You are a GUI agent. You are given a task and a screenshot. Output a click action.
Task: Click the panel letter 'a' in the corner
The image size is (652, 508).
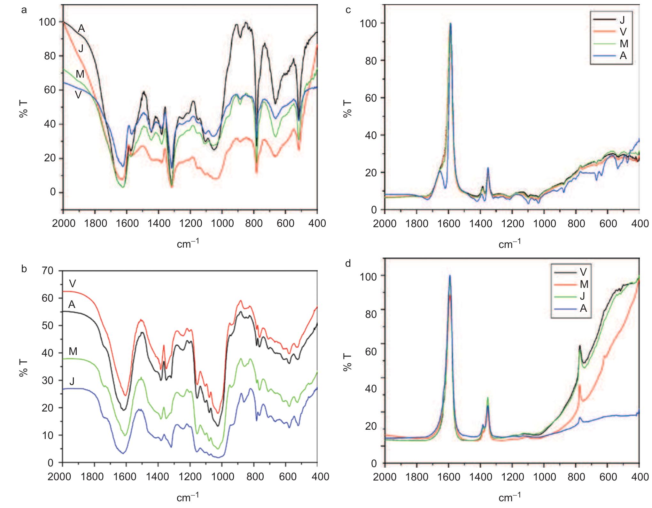point(24,10)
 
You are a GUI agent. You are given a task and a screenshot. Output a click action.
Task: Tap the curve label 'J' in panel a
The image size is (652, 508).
point(81,49)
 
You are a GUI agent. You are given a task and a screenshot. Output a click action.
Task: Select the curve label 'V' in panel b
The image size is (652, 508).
point(72,283)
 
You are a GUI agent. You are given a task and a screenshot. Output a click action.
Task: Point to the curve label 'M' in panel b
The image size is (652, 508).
point(73,351)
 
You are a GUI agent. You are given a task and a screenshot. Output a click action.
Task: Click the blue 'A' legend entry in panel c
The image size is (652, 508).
point(623,55)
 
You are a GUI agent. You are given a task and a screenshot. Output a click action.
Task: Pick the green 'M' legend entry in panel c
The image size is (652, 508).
point(624,43)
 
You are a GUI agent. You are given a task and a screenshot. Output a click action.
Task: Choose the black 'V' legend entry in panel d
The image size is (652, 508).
point(583,272)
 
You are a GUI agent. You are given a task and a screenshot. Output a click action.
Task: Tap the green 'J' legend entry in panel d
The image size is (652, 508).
point(582,296)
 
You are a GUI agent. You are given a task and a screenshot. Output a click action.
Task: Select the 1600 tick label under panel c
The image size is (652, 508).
point(448,224)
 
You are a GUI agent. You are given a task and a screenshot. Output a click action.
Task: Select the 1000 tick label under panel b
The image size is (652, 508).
point(221,477)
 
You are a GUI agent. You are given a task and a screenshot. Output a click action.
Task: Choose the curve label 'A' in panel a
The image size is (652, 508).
point(81,29)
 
